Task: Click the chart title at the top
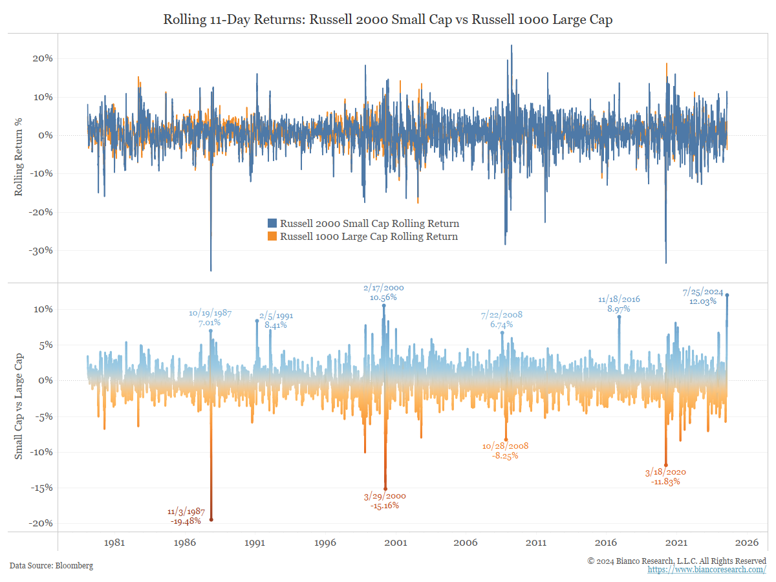[388, 20]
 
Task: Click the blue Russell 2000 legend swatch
[272, 224]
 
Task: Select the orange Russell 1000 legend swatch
[272, 237]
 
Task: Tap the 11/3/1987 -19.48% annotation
[186, 515]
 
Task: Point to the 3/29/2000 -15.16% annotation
[385, 501]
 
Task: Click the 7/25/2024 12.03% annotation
[702, 297]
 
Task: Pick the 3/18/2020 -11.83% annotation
[666, 477]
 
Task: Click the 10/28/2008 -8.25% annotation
[505, 451]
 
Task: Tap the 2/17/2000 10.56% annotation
[383, 292]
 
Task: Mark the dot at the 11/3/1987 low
[211, 519]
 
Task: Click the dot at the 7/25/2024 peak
[727, 295]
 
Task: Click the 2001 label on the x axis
[395, 543]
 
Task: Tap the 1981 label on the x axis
[114, 543]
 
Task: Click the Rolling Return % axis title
[19, 162]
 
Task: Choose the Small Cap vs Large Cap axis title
[19, 406]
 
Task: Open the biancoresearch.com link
[707, 570]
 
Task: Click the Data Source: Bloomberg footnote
[51, 566]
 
